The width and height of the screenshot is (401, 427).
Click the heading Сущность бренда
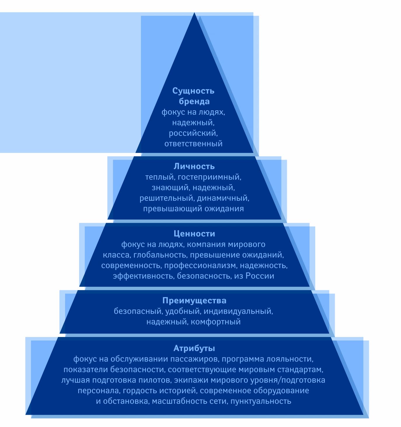tap(193, 96)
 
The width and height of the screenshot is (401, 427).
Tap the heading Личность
tap(194, 166)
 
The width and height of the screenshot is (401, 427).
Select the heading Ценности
tap(194, 234)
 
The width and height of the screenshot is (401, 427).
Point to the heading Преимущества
tap(194, 301)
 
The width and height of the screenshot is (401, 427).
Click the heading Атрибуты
tap(194, 348)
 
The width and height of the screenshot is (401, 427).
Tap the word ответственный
tap(193, 144)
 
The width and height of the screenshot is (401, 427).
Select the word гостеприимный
tap(209, 177)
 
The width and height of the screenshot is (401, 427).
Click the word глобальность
tap(160, 255)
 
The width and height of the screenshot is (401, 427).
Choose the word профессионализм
tap(200, 265)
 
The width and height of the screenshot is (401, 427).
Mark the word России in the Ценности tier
tap(260, 276)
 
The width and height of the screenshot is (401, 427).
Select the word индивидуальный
tap(238, 311)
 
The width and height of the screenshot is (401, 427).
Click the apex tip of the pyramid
tap(194, 13)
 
